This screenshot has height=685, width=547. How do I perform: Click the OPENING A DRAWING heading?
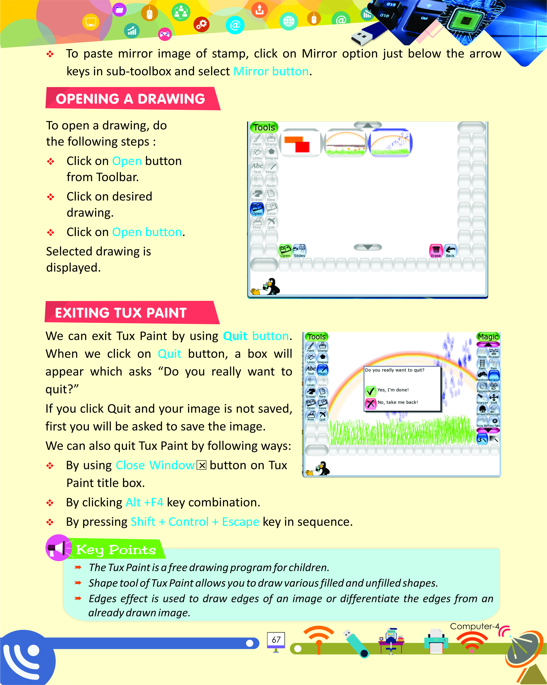pos(130,99)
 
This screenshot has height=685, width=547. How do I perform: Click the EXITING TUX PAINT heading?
pos(121,313)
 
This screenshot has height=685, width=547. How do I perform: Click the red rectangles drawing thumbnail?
pos(300,143)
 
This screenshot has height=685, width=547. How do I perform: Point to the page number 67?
pos(276,640)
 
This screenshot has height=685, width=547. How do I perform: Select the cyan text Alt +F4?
pos(144,502)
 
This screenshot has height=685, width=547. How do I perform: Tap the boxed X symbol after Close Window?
pos(201,465)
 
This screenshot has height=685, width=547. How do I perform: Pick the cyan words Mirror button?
pos(271,71)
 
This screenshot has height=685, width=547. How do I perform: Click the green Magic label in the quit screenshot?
pos(488,337)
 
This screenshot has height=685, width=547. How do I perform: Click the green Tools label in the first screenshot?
pos(264,127)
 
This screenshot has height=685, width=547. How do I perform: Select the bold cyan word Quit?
pos(235,336)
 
